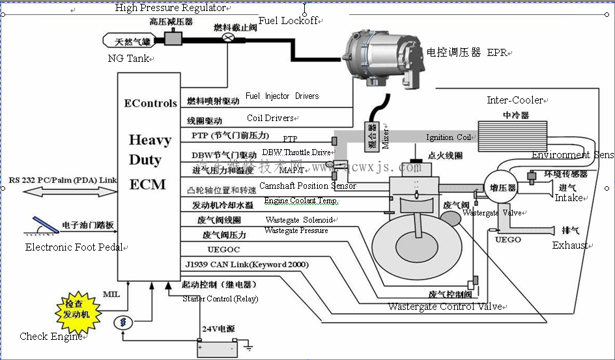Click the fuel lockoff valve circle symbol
(229, 38)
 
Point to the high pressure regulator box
(173, 38)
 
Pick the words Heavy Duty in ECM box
(150, 150)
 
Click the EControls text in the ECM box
(150, 103)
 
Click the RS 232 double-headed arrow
(62, 192)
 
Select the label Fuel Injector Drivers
(282, 96)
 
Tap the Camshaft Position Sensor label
(307, 186)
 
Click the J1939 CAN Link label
(247, 264)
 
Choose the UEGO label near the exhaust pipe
(508, 240)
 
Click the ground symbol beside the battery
(248, 348)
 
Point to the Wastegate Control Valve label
(445, 307)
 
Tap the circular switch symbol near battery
(123, 322)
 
